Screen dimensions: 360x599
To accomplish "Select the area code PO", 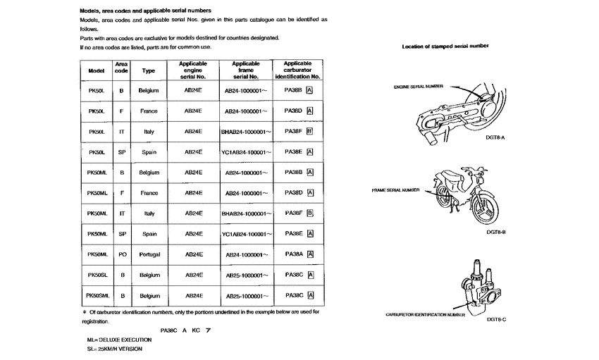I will tap(122, 254).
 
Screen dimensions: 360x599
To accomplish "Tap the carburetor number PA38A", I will tap(293, 254).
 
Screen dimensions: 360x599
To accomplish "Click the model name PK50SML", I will tap(97, 296).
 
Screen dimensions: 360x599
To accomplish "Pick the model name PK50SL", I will tap(97, 275).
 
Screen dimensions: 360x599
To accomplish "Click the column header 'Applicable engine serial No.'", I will tap(193, 70).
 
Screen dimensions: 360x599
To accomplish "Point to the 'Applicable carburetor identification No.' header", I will tap(298, 70).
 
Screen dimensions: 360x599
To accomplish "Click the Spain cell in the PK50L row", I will tap(149, 152).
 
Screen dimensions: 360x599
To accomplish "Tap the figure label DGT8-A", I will tap(496, 138).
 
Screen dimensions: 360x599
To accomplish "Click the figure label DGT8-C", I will tap(496, 319).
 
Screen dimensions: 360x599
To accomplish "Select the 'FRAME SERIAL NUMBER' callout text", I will tap(395, 190).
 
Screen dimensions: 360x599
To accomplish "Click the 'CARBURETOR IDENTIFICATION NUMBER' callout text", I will tap(420, 315).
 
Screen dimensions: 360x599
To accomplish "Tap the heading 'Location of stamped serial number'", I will tap(445, 46).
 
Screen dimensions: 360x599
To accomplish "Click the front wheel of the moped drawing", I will tap(487, 209).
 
